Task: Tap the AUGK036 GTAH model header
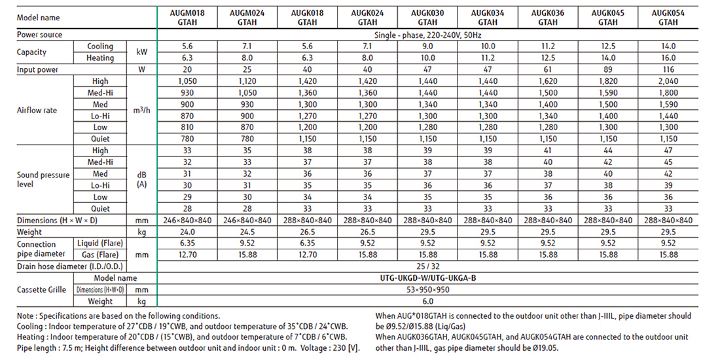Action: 543,16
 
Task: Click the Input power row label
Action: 37,69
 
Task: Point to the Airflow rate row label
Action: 38,110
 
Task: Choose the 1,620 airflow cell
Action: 543,81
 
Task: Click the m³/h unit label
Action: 142,110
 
